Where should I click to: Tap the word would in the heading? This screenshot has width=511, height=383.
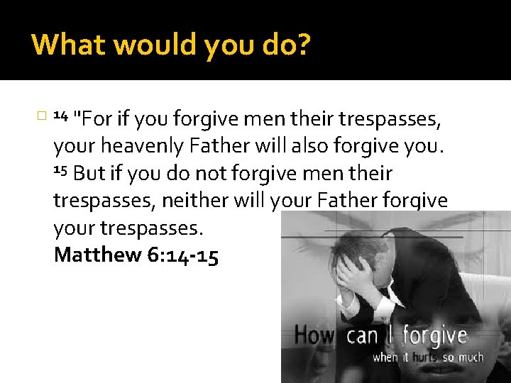coord(142,45)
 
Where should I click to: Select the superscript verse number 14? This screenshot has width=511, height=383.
coord(60,115)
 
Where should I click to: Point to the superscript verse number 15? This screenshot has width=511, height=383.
coord(60,171)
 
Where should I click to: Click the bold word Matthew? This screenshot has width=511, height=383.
coord(98,255)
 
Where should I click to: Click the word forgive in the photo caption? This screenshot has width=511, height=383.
coord(436,335)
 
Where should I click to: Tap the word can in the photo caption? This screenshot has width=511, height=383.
coord(361,335)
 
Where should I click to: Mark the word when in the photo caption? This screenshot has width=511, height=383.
coord(386,357)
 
